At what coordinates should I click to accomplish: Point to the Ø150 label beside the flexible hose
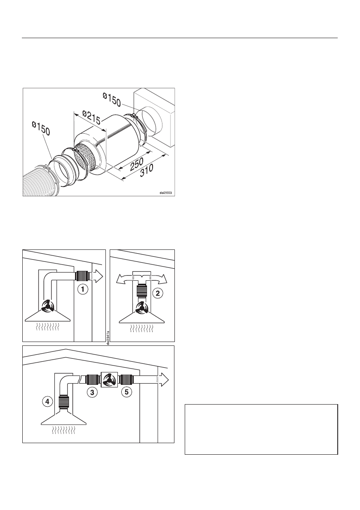(x=41, y=132)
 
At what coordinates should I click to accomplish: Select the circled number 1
(x=82, y=289)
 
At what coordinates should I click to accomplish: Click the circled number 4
(x=48, y=402)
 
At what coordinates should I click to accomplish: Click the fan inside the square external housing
(x=109, y=379)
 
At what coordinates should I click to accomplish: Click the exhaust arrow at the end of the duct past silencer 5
(x=163, y=379)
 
